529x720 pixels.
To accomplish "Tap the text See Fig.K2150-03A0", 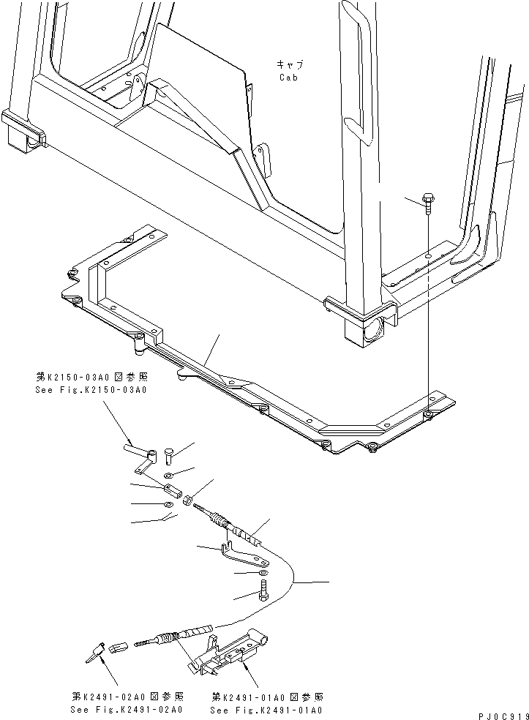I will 91,390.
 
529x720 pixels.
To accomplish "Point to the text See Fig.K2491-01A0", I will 266,710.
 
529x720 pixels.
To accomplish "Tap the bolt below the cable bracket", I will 263,588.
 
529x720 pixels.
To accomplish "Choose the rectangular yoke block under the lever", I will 173,489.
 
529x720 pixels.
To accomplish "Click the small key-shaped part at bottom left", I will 96,650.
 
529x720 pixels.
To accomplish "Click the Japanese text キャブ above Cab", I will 288,64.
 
